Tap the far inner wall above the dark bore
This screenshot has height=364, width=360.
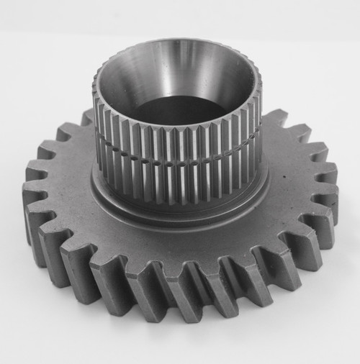(180, 72)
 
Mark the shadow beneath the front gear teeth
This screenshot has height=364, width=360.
(180, 338)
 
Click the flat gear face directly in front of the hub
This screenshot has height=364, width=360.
(180, 245)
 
